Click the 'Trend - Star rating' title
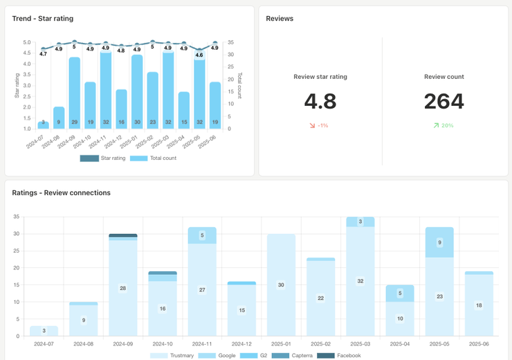click(42, 19)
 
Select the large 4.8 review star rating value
click(320, 101)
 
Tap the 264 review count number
click(444, 101)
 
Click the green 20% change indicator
click(444, 126)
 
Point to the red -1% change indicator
click(320, 126)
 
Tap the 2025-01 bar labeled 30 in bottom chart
click(281, 285)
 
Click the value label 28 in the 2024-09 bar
click(122, 288)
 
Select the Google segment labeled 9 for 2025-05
click(439, 242)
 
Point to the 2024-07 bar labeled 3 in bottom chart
click(44, 331)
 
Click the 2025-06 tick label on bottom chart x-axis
click(479, 343)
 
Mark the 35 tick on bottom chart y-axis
click(17, 217)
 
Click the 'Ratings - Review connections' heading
click(61, 192)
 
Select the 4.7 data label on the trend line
click(44, 53)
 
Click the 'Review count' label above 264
click(444, 77)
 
